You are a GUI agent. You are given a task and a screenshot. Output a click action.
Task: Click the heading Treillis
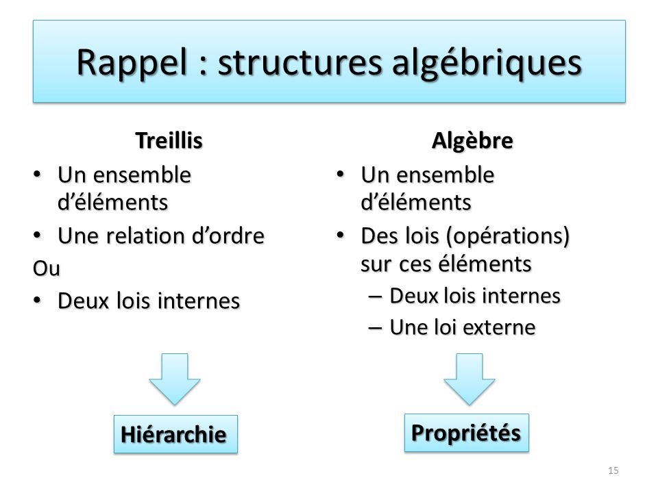pyautogui.click(x=169, y=141)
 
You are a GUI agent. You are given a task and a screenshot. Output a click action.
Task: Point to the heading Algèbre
pyautogui.click(x=472, y=141)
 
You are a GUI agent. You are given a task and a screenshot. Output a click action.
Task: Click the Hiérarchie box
pyautogui.click(x=175, y=434)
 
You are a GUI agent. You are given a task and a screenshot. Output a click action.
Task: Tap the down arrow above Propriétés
pyautogui.click(x=469, y=379)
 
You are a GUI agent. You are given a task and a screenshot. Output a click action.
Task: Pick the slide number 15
pyautogui.click(x=613, y=470)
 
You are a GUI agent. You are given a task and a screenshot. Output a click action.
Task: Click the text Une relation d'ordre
pyautogui.click(x=161, y=236)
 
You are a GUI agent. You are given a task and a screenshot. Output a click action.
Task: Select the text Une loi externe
pyautogui.click(x=462, y=328)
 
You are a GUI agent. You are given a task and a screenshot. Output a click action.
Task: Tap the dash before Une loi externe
pyautogui.click(x=376, y=328)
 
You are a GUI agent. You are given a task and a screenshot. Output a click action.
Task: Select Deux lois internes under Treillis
pyautogui.click(x=149, y=301)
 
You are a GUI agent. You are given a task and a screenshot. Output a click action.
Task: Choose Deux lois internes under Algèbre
pyautogui.click(x=475, y=296)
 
